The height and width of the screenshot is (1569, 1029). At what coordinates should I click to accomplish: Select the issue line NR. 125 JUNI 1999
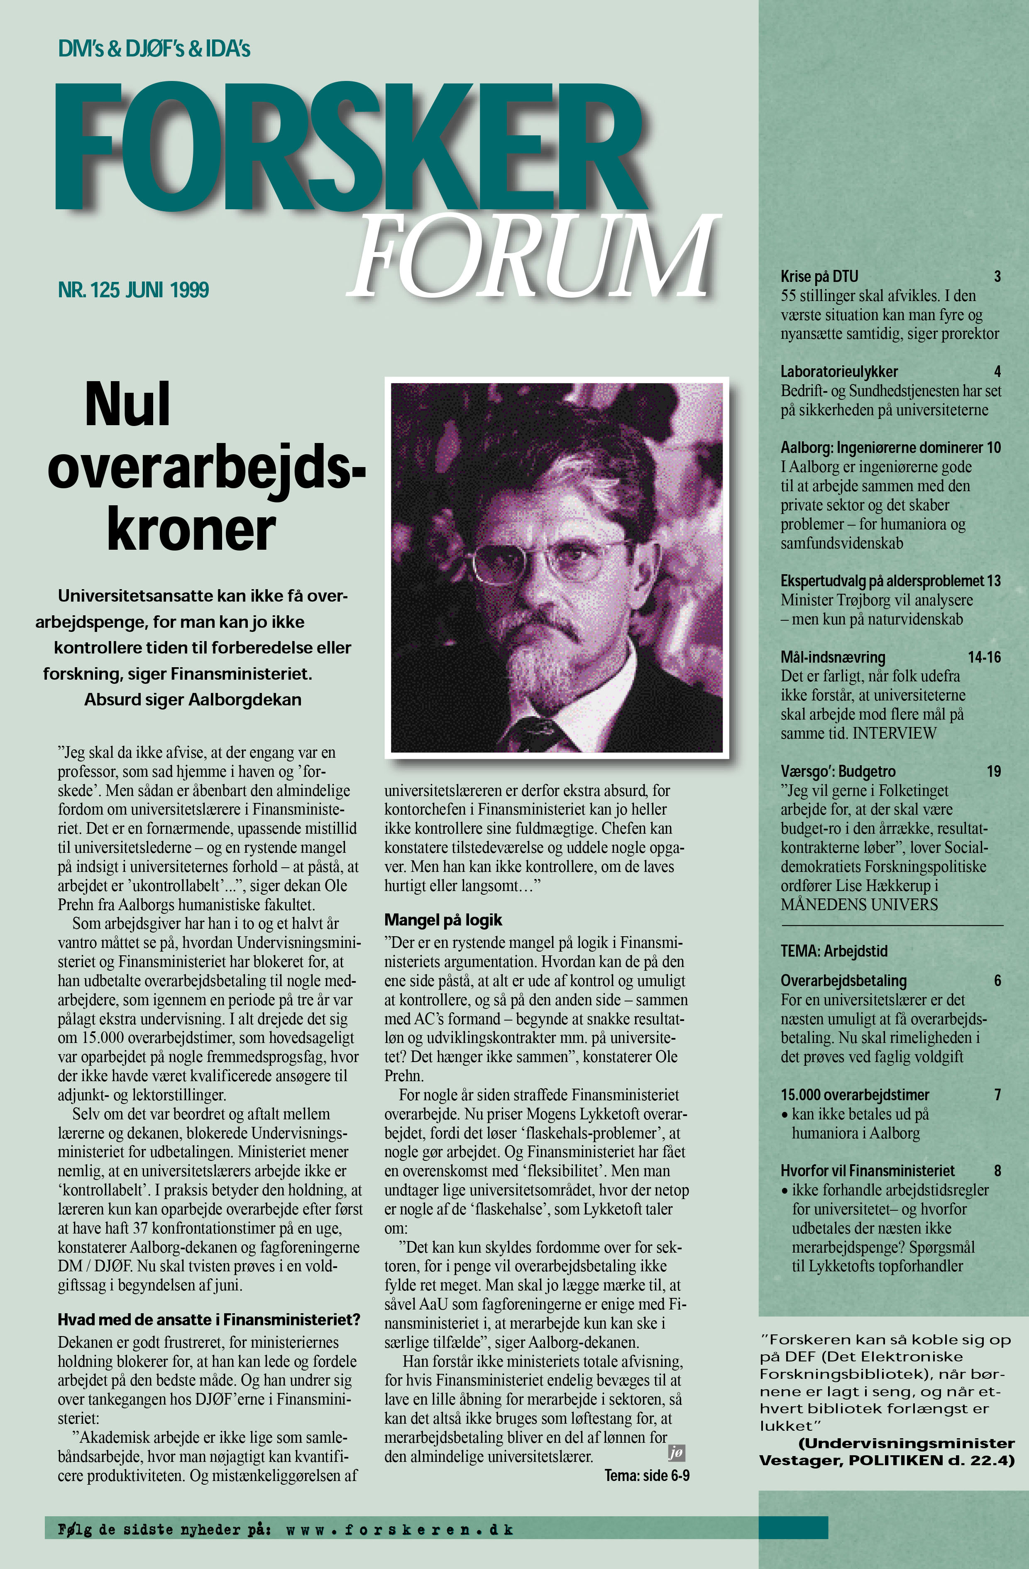133,290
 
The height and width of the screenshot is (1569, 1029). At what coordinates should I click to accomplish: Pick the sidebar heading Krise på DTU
819,276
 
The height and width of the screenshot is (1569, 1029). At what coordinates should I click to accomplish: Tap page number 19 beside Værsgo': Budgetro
993,771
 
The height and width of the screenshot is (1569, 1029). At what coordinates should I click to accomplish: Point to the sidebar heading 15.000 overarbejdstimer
855,1095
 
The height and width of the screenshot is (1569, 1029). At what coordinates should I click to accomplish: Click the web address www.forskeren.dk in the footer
399,1530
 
